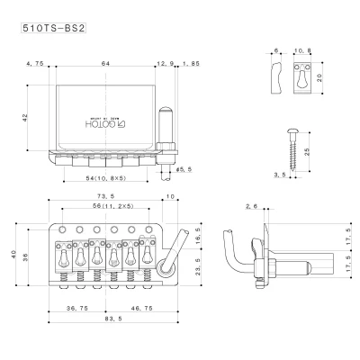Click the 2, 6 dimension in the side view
(x=250, y=207)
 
